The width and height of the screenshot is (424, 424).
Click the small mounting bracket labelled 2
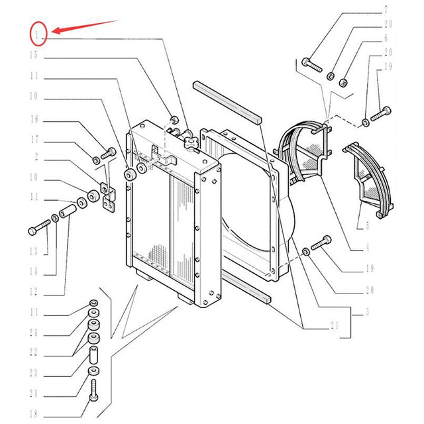click(x=108, y=197)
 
